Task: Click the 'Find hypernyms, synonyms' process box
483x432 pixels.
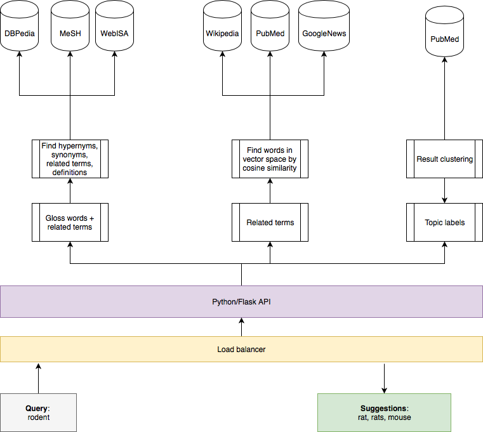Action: click(x=70, y=159)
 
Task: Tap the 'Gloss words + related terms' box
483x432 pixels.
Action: click(x=70, y=222)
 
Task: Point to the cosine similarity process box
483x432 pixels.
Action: click(x=270, y=159)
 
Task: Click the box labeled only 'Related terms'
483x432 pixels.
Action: click(x=270, y=222)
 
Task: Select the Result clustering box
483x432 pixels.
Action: click(x=444, y=159)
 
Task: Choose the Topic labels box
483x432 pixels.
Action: click(x=444, y=222)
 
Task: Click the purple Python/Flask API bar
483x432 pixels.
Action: click(x=241, y=302)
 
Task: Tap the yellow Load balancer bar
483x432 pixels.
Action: click(x=241, y=349)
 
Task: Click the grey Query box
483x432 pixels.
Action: click(x=39, y=412)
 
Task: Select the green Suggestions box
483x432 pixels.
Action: click(x=384, y=412)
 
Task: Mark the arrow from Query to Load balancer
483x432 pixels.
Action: click(x=39, y=379)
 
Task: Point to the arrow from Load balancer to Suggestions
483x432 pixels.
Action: click(x=384, y=379)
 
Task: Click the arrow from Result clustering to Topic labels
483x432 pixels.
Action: click(x=444, y=190)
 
